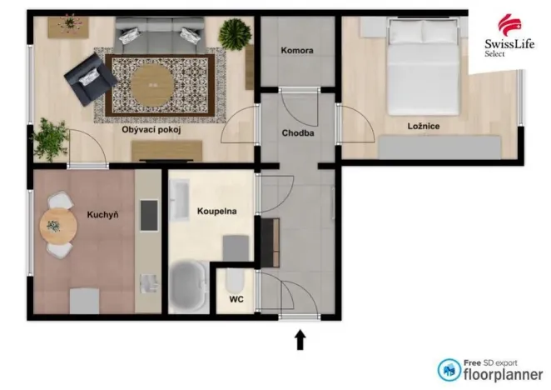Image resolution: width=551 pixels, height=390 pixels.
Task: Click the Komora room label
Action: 297,51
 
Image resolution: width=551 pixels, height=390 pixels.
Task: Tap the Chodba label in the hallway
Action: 297,132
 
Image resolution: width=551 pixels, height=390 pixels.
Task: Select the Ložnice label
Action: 424,126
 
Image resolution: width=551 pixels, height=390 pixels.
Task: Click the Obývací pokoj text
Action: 151,130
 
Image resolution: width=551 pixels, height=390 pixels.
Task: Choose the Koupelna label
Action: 216,212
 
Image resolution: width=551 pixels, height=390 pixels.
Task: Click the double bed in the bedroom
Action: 424,67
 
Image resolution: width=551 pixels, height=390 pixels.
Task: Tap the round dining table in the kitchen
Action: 54,225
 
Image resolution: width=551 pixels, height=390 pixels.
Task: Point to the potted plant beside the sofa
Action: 235,35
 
